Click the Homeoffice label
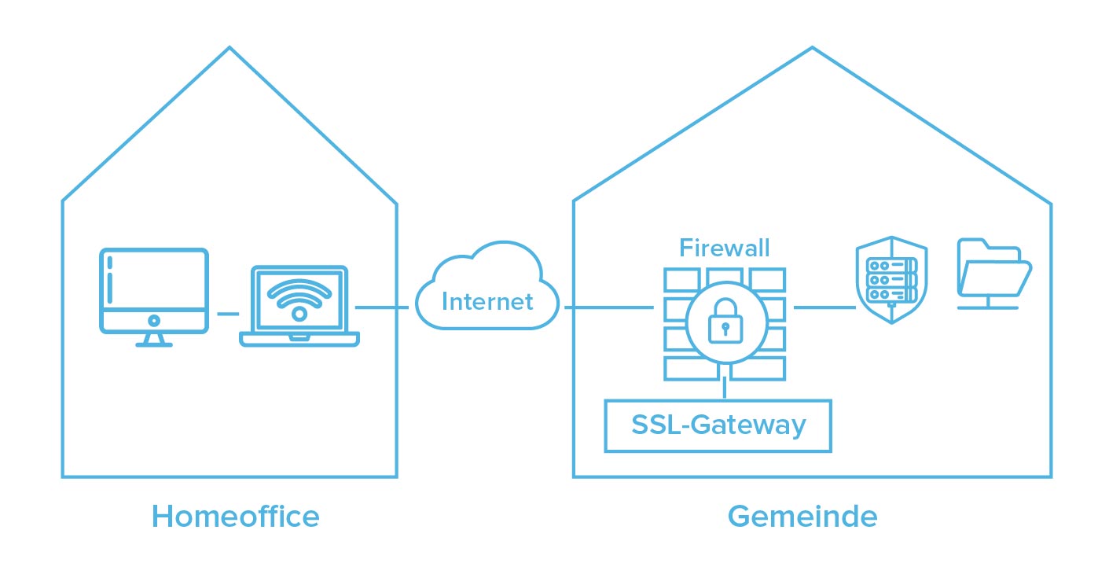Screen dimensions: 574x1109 pos(235,517)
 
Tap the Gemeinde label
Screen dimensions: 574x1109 pos(802,517)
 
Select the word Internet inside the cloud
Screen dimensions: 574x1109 pos(487,301)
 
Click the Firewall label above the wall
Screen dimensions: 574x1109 pos(724,249)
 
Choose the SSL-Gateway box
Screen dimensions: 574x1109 pos(718,425)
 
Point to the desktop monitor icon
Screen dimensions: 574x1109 pos(154,291)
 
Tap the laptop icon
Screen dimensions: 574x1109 pos(299,307)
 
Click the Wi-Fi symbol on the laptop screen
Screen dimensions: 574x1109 pos(299,300)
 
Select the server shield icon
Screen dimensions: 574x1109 pos(891,280)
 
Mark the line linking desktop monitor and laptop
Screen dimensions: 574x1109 pos(227,314)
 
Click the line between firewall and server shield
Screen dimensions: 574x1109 pos(824,307)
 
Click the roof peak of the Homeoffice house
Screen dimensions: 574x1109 pos(230,48)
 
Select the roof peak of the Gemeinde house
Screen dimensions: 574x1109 pos(812,48)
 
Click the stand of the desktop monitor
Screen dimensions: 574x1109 pos(154,339)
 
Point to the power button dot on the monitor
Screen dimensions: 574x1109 pos(154,320)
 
